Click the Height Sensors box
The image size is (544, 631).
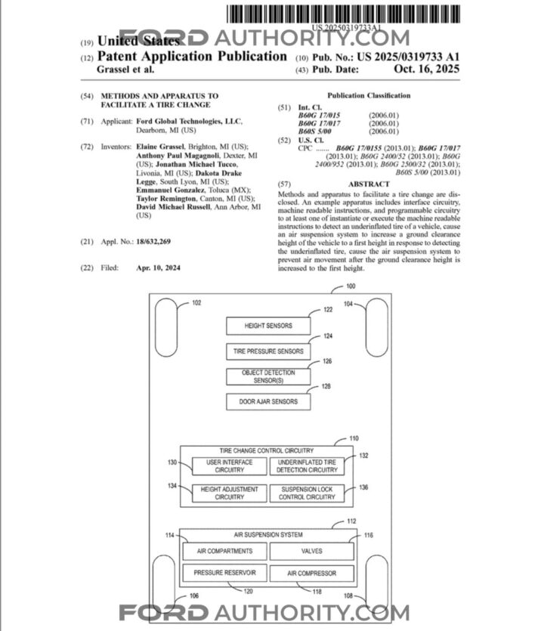pos(268,326)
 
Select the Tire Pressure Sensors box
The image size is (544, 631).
pos(268,351)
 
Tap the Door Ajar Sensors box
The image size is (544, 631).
pos(268,401)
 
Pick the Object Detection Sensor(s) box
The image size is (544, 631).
pos(268,376)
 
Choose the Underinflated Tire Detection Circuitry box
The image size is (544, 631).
pos(307,466)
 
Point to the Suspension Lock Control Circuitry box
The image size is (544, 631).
pos(307,493)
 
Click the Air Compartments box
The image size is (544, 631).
pos(224,552)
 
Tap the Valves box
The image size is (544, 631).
pos(312,552)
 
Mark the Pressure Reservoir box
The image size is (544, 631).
pos(224,573)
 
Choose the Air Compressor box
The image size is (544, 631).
pos(312,573)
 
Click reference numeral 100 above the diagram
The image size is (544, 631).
pos(350,286)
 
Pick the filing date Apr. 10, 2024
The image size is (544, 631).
pos(159,268)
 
